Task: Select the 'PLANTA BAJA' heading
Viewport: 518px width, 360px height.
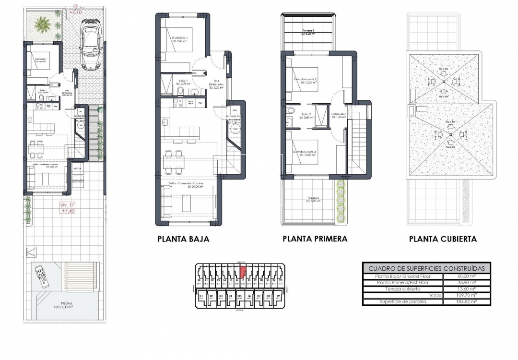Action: tap(183, 239)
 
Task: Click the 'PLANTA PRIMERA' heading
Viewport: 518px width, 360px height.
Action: tap(315, 239)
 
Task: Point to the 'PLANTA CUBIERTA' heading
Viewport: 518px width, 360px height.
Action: tap(443, 239)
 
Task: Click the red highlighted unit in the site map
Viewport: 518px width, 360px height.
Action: tap(242, 272)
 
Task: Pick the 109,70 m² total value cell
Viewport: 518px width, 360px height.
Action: tap(466, 296)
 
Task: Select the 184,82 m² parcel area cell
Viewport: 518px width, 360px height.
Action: tap(466, 302)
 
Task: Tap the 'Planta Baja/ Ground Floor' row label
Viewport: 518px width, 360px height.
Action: tap(402, 276)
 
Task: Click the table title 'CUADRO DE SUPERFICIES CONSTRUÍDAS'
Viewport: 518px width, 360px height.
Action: tap(426, 268)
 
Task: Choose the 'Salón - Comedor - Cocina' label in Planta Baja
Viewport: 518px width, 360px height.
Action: tap(188, 185)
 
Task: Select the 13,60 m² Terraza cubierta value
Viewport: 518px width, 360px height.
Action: tap(466, 289)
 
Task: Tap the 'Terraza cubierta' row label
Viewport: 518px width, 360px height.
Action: tap(402, 289)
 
